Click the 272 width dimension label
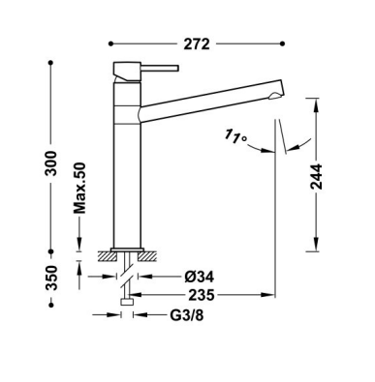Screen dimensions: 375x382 pyautogui.click(x=197, y=44)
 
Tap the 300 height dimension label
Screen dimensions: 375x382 pyautogui.click(x=50, y=162)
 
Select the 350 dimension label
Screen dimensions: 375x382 pyautogui.click(x=50, y=278)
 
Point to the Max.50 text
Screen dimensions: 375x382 pyautogui.click(x=79, y=189)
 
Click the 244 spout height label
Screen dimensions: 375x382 pyautogui.click(x=316, y=176)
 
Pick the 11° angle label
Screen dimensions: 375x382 pyautogui.click(x=235, y=136)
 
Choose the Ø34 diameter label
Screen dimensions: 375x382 pyautogui.click(x=200, y=277)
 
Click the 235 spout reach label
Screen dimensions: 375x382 pyautogui.click(x=202, y=295)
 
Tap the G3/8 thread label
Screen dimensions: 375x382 pyautogui.click(x=187, y=315)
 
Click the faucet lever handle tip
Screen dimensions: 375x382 pyautogui.click(x=177, y=68)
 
